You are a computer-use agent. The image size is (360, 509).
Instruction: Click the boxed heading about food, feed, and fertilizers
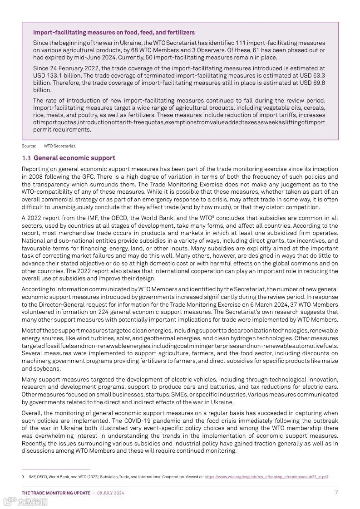[113, 33]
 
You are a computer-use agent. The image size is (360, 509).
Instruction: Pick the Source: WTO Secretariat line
[49, 146]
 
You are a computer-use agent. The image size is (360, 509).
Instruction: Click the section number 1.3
[26, 158]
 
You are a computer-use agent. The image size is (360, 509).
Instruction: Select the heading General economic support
[74, 158]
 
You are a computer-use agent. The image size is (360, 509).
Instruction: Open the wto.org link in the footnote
[266, 477]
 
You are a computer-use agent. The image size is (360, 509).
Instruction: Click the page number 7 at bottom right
[336, 493]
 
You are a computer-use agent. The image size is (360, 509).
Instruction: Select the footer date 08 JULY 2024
[111, 493]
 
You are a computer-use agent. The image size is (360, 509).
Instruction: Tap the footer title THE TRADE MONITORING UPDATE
[56, 493]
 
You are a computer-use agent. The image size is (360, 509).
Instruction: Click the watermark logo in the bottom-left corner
[25, 501]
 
